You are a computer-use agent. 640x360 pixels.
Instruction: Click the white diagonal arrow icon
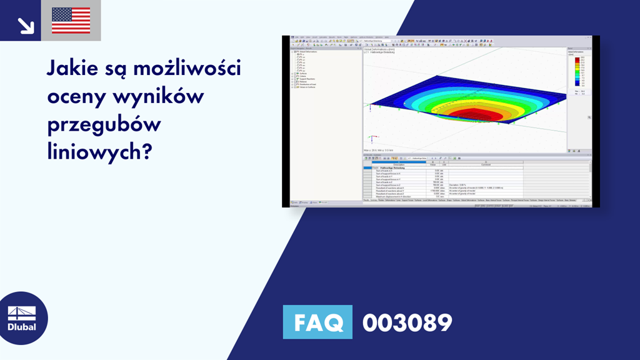click(x=25, y=24)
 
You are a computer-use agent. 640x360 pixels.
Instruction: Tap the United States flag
click(x=71, y=21)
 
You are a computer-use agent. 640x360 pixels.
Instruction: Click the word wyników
click(x=157, y=96)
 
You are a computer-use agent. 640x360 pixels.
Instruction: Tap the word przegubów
click(x=104, y=124)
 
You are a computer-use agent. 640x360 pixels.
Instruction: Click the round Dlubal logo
click(x=21, y=318)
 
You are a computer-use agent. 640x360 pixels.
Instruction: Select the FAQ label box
click(x=317, y=322)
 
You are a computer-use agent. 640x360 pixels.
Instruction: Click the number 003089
click(x=407, y=322)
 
